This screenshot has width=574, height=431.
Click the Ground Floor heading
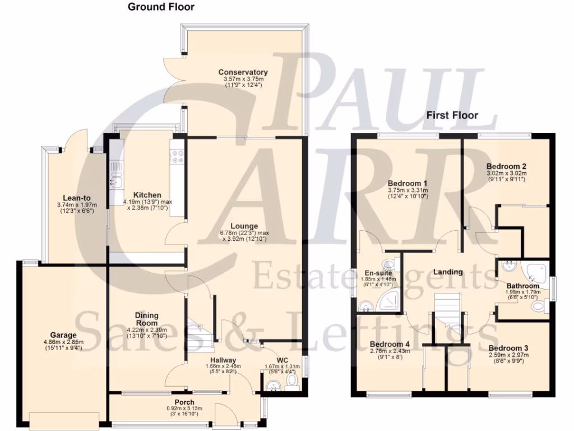(x=161, y=7)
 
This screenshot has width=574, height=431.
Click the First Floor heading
(x=452, y=115)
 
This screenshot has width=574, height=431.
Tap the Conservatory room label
(x=243, y=72)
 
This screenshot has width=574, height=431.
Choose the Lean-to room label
(x=77, y=198)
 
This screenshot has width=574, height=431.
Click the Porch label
(x=184, y=402)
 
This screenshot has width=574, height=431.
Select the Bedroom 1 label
(x=408, y=184)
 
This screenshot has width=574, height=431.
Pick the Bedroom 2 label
(x=506, y=166)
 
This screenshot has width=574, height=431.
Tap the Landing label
(x=448, y=272)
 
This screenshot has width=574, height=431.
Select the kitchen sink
(x=117, y=180)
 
